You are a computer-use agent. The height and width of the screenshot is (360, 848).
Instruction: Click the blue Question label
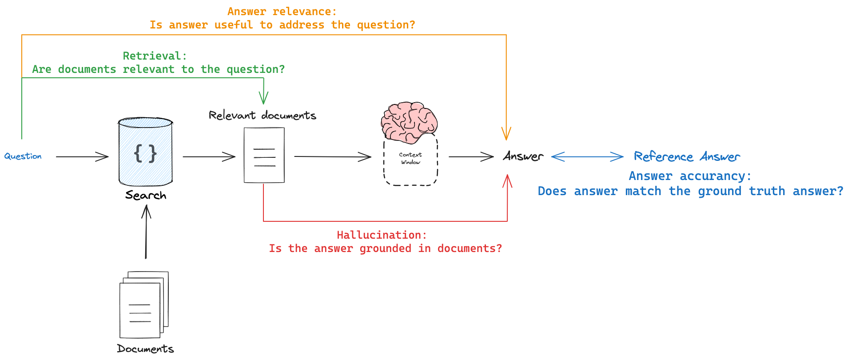(23, 156)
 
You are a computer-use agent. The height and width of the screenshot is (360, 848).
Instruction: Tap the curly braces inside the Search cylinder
(145, 154)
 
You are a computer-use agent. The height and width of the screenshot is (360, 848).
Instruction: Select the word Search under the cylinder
(146, 195)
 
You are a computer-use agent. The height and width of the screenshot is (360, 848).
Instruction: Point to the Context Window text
(410, 158)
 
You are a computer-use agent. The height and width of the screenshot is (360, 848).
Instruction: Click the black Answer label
(523, 156)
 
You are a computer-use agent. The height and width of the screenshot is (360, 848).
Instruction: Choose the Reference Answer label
(687, 156)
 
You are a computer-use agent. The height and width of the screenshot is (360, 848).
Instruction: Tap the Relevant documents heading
(263, 116)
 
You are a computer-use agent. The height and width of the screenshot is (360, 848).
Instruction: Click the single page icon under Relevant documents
(264, 155)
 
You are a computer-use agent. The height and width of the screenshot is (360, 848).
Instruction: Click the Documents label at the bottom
(145, 348)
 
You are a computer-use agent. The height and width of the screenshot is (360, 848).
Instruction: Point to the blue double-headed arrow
(587, 156)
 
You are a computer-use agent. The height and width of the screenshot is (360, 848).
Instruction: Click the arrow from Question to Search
(82, 156)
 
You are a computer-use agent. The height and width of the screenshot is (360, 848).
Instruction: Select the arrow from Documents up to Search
(146, 232)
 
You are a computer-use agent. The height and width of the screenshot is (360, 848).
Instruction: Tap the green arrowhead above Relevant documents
(263, 97)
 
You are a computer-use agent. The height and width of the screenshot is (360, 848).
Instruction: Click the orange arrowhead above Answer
(506, 133)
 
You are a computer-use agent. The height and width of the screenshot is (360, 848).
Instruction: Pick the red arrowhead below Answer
(507, 181)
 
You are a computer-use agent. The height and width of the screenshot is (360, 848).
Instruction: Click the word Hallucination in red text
(378, 235)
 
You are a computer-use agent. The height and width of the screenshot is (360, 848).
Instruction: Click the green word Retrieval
(151, 56)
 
